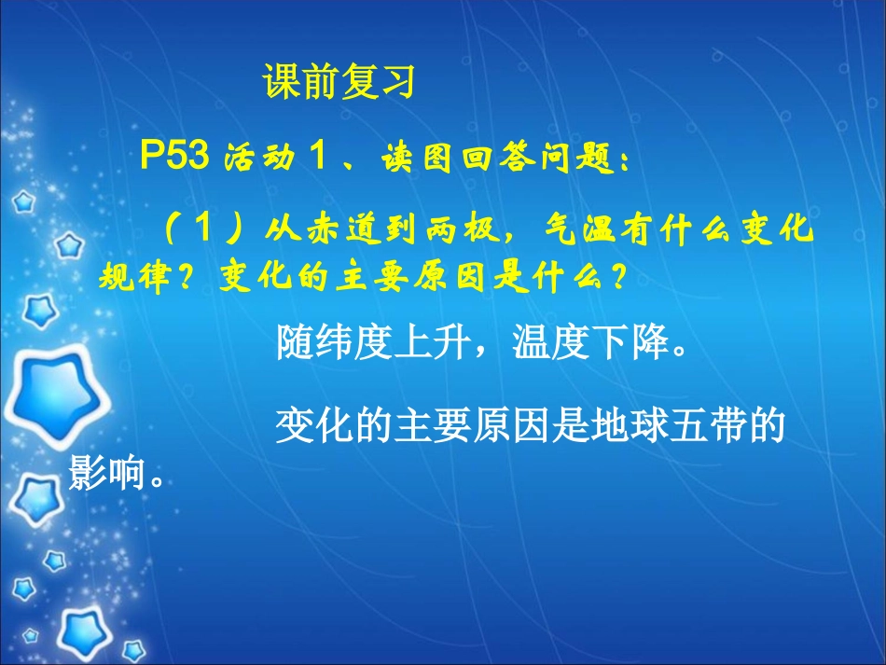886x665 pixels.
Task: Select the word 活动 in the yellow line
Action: coord(254,158)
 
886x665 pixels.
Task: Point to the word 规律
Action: coord(128,278)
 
